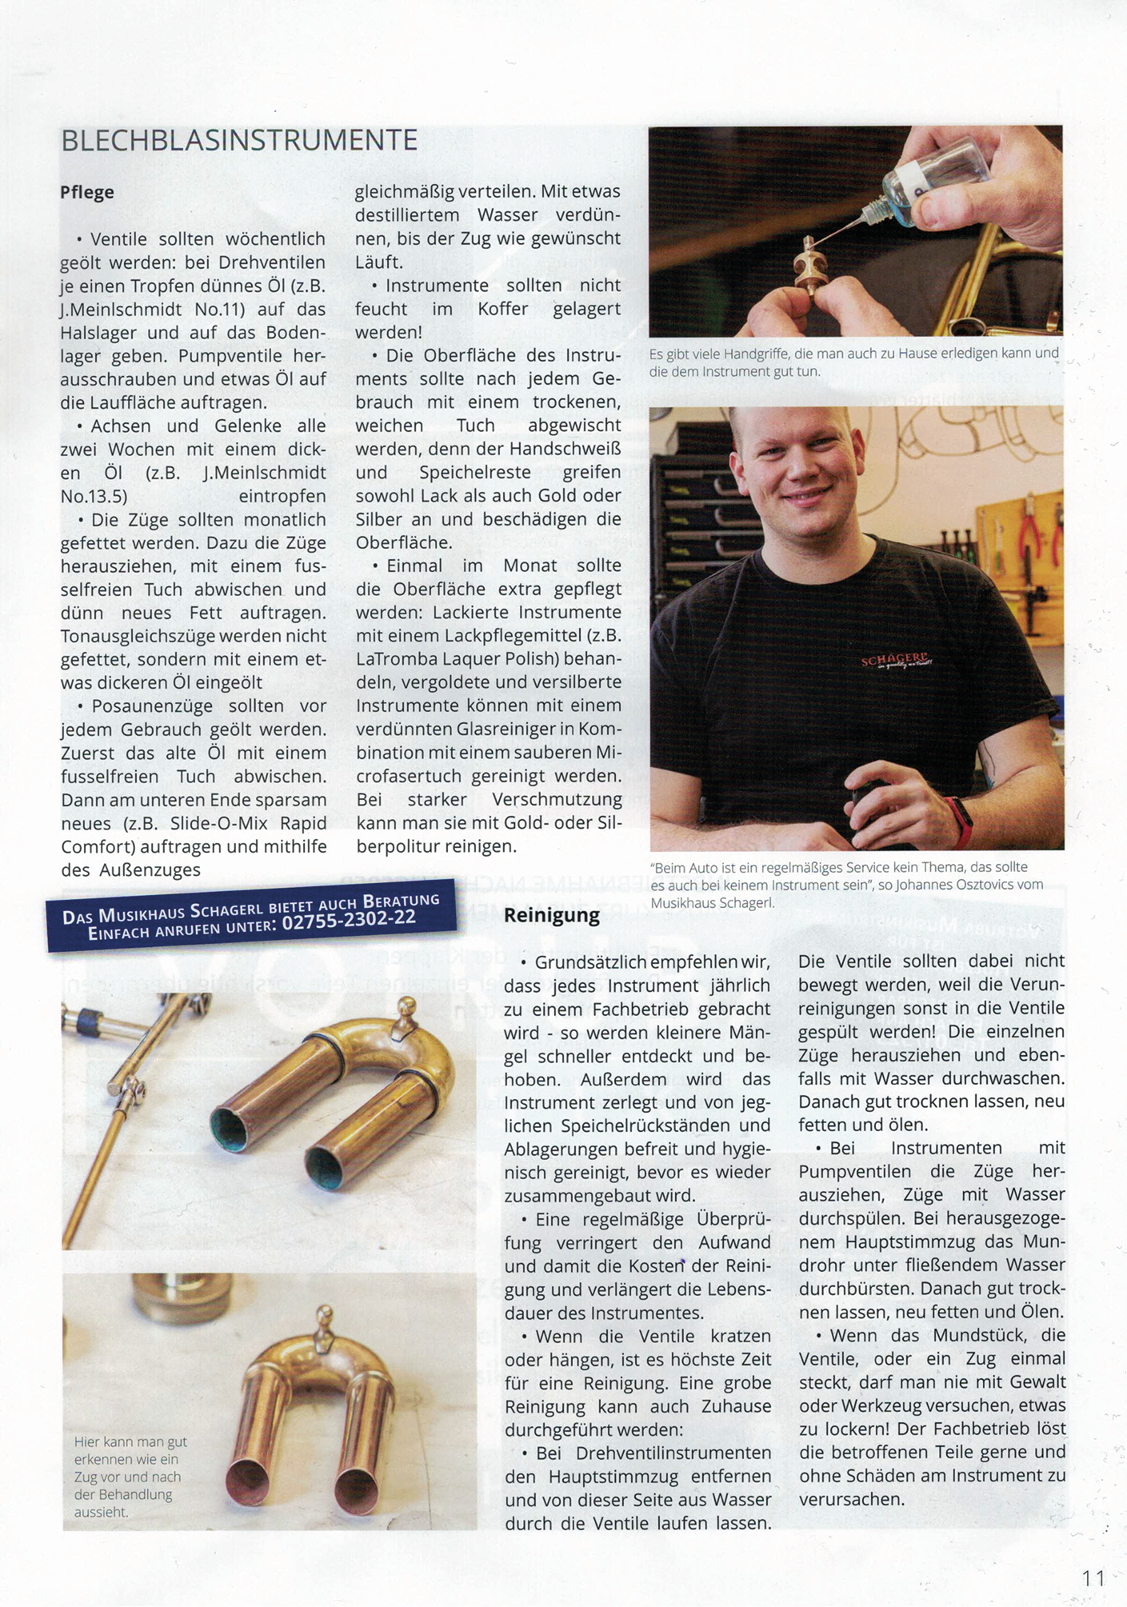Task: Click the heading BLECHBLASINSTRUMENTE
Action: pyautogui.click(x=239, y=141)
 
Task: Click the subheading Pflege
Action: pyautogui.click(x=87, y=193)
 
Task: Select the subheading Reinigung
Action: pyautogui.click(x=552, y=916)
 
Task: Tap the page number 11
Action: pyautogui.click(x=1093, y=1578)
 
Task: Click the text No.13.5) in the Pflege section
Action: pyautogui.click(x=94, y=497)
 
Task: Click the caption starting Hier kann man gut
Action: pyautogui.click(x=130, y=1441)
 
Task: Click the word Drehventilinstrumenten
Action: pyautogui.click(x=674, y=1453)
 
